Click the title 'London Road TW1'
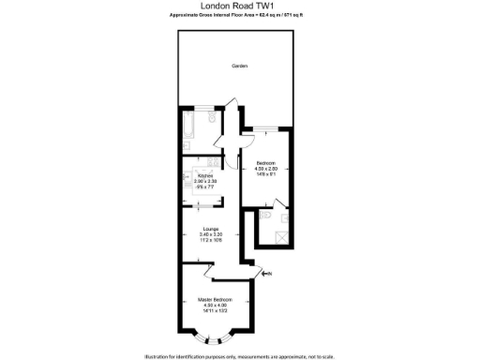point(240,6)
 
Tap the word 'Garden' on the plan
point(239,66)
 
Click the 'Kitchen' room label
point(206,175)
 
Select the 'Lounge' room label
point(210,229)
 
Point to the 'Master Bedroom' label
point(213,300)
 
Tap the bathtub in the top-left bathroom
point(192,120)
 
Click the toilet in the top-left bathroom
point(215,119)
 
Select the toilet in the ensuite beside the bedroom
point(267,217)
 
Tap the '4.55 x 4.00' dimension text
point(213,306)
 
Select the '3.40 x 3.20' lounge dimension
point(210,234)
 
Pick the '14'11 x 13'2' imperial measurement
point(213,311)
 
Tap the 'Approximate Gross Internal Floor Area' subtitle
point(239,16)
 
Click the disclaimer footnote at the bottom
point(240,355)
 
